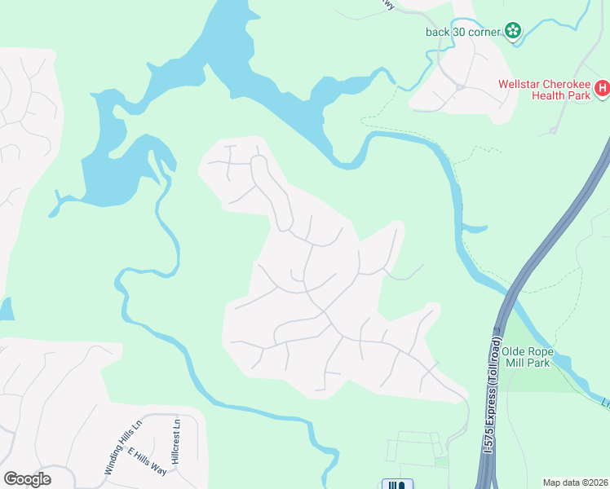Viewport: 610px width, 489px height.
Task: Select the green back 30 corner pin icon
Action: point(513,31)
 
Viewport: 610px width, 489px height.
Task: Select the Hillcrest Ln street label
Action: point(175,440)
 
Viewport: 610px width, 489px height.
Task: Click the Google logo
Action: point(27,478)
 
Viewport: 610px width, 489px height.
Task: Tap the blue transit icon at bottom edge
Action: point(397,484)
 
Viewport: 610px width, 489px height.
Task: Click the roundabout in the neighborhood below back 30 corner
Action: point(460,86)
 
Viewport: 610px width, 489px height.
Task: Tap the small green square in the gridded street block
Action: point(441,461)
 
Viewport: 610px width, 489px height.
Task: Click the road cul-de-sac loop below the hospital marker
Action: point(553,130)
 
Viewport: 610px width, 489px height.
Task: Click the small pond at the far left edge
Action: point(5,309)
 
